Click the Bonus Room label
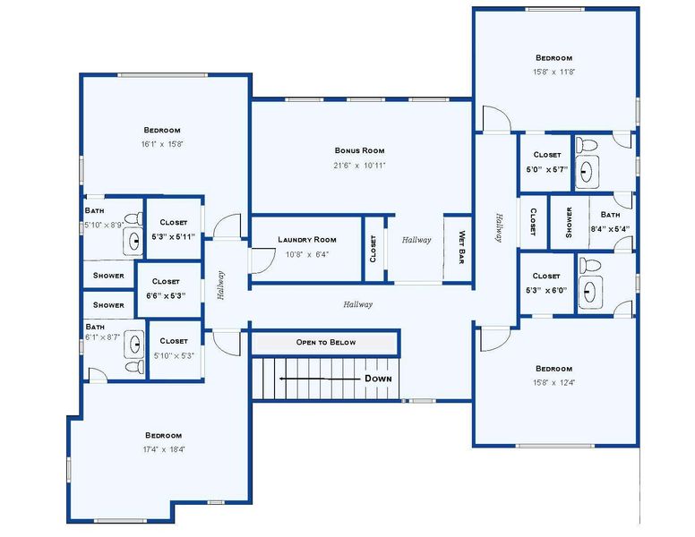pos(359,150)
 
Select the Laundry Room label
pos(306,239)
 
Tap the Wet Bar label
pos(461,243)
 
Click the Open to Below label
pos(326,343)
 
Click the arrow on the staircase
pos(313,379)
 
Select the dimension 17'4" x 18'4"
pos(164,449)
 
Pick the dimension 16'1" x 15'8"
pos(162,144)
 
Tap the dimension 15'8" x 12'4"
pos(553,383)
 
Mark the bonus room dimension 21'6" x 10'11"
pos(359,166)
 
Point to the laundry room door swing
pos(261,259)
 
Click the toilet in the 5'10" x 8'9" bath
pos(133,218)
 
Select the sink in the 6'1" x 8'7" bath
pos(135,342)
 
